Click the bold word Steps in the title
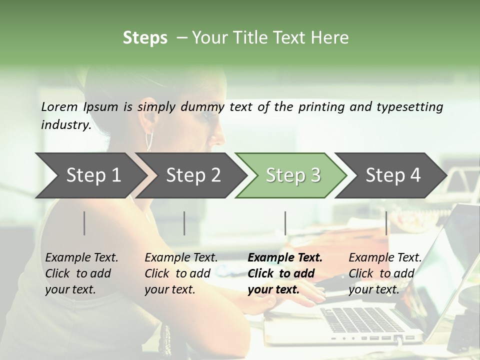coord(145,38)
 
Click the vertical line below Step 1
coord(84,223)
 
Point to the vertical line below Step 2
coord(184,223)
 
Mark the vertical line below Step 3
coord(285,223)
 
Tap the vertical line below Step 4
coord(386,223)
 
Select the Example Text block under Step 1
coord(81,273)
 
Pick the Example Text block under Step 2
coord(181,273)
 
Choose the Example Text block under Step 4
coord(385,273)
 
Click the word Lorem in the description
coord(59,107)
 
